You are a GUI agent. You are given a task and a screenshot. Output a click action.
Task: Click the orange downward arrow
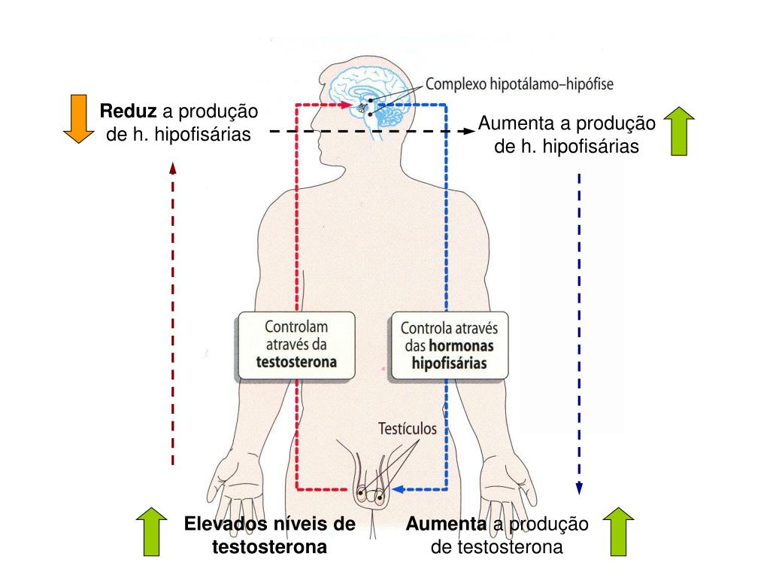(76, 118)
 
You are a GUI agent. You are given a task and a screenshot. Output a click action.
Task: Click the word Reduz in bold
(129, 112)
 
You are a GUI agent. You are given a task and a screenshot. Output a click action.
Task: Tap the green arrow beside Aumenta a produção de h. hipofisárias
(679, 131)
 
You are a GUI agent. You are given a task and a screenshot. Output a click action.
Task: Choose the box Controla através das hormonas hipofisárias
(449, 346)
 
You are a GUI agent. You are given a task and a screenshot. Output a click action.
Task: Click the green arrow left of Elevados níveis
(152, 531)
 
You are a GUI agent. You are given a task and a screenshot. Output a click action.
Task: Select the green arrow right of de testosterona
(619, 531)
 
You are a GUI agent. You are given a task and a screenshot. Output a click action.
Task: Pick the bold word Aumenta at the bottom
(447, 524)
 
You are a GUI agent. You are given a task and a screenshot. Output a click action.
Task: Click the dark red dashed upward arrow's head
(173, 167)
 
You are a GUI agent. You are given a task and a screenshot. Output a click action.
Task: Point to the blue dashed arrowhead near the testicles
(399, 489)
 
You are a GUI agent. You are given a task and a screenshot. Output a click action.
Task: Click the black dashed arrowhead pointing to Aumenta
(470, 131)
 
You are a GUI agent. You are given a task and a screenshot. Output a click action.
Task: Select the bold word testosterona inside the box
(296, 361)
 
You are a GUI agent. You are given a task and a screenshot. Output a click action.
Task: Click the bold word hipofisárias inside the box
(450, 363)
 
